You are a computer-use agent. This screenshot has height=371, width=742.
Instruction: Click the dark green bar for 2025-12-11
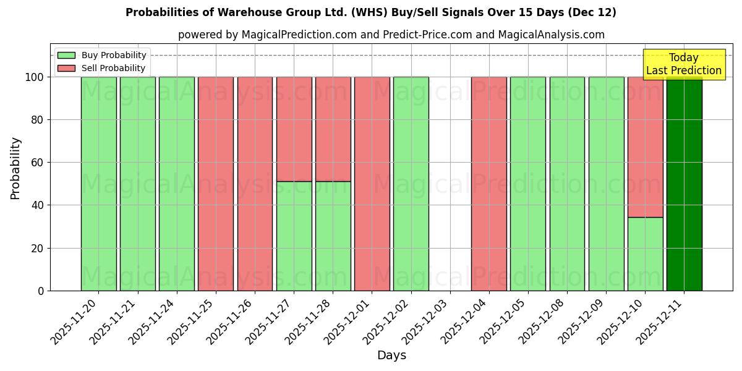point(684,185)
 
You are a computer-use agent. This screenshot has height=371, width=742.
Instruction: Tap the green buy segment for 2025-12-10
point(645,254)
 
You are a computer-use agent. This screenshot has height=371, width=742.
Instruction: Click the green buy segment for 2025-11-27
point(294,236)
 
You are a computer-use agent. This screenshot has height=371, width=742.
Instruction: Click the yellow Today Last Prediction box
point(683,64)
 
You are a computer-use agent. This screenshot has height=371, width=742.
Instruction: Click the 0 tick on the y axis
point(41,291)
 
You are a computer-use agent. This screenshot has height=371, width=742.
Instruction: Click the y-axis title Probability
point(15,168)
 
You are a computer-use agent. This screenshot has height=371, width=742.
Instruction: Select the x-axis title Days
point(391,356)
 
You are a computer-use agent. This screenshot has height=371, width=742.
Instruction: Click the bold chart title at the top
point(371,12)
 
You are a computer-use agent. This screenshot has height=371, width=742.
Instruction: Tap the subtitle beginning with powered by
point(391,35)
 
